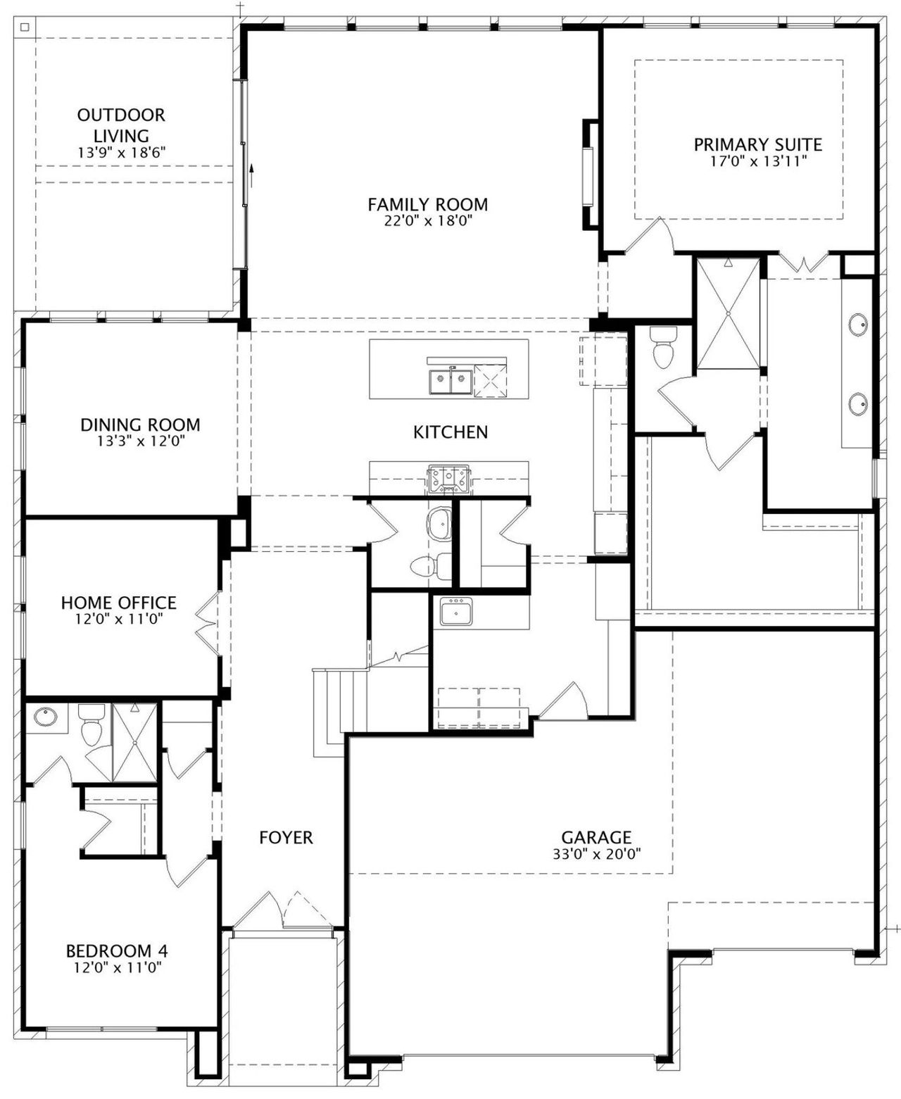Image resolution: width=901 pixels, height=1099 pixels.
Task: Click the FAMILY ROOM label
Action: coord(428,204)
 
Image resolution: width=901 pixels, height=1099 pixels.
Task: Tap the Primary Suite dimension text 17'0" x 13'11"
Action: coord(758,161)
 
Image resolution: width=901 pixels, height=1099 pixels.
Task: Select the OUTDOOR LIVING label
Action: coord(121,125)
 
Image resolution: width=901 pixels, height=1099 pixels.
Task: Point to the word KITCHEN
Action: coord(450,432)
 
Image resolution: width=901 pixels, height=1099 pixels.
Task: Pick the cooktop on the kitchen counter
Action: coord(448,479)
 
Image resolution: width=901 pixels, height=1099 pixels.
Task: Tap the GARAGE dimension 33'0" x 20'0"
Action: coord(597,854)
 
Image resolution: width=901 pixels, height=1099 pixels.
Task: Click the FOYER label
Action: coord(286,837)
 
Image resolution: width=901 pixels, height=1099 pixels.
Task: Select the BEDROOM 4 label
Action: coord(117,951)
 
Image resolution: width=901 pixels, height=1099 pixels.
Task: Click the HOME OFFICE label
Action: coord(119,603)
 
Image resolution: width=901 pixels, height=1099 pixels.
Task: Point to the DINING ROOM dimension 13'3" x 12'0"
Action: coord(141,441)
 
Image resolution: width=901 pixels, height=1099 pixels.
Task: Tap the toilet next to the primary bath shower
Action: coord(663,347)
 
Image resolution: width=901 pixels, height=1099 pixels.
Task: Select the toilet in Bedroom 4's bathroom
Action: coord(92,725)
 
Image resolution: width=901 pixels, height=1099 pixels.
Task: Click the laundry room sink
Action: coord(456,611)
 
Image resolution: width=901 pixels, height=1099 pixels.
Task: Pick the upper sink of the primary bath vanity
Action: coord(858,324)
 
